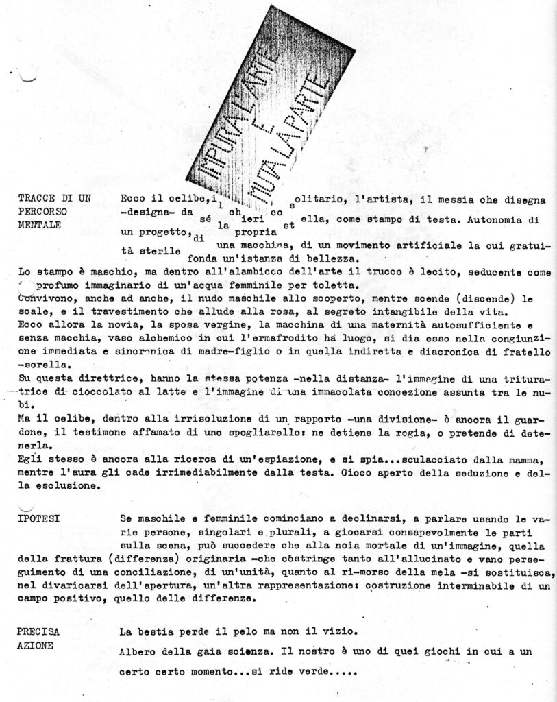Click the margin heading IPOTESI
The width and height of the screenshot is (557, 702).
[39, 518]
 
